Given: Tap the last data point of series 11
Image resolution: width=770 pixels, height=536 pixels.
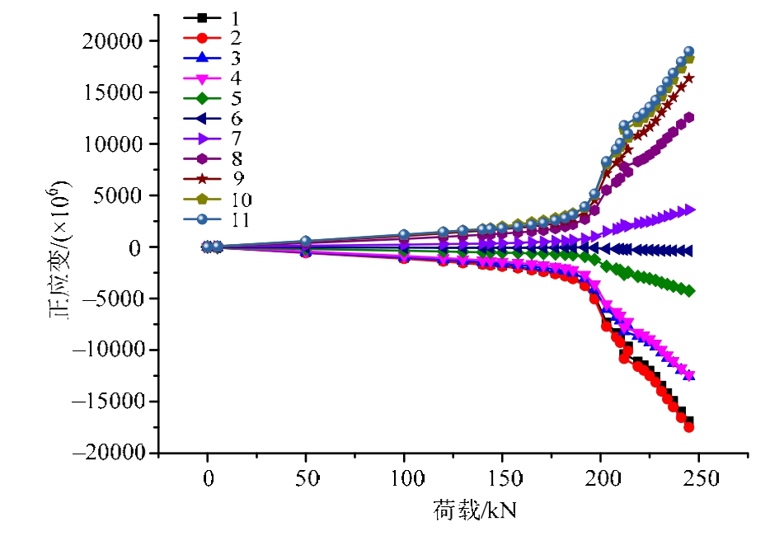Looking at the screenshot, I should pos(689,52).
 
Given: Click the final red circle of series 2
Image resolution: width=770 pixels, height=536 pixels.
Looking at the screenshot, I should pos(689,427).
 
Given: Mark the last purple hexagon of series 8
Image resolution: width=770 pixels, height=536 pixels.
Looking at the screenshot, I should pos(689,117).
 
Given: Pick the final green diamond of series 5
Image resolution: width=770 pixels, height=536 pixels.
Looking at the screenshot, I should pos(689,291).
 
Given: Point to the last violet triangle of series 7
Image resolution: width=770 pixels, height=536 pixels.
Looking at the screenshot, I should pos(690,210).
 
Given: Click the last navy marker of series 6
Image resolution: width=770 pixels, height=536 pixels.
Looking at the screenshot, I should pos(688,251).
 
